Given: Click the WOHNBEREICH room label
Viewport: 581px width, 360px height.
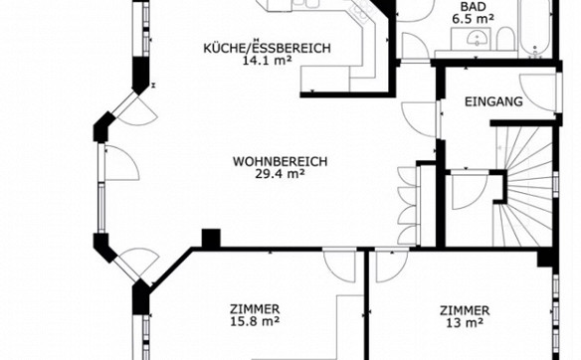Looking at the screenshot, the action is tap(281, 162).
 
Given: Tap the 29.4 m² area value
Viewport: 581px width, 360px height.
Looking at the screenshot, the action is tap(280, 174).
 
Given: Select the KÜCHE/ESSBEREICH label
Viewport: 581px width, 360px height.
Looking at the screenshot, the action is tap(267, 48).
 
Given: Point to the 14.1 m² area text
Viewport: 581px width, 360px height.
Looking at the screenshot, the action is tap(266, 61).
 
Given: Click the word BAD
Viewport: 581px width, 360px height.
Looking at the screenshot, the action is tap(473, 7).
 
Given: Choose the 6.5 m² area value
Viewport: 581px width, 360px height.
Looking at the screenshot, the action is tap(473, 19).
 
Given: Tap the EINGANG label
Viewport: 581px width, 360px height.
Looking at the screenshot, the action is tap(493, 101).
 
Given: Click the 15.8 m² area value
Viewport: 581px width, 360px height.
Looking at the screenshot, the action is tap(255, 321).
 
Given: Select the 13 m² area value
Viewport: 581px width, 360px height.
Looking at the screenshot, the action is tap(465, 323).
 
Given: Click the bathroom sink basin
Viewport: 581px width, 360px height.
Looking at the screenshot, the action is tap(476, 39).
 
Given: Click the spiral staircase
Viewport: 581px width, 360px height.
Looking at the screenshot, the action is tap(524, 185).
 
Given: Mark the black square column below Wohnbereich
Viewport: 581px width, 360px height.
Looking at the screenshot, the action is tap(211, 238).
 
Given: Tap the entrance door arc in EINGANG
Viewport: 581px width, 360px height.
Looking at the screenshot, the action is tap(537, 91).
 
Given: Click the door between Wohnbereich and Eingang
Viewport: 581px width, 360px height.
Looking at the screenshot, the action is tap(419, 119).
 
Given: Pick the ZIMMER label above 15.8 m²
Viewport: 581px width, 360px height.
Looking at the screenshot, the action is tap(255, 309).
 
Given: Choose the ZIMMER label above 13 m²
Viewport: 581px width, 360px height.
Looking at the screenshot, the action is tap(465, 310).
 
